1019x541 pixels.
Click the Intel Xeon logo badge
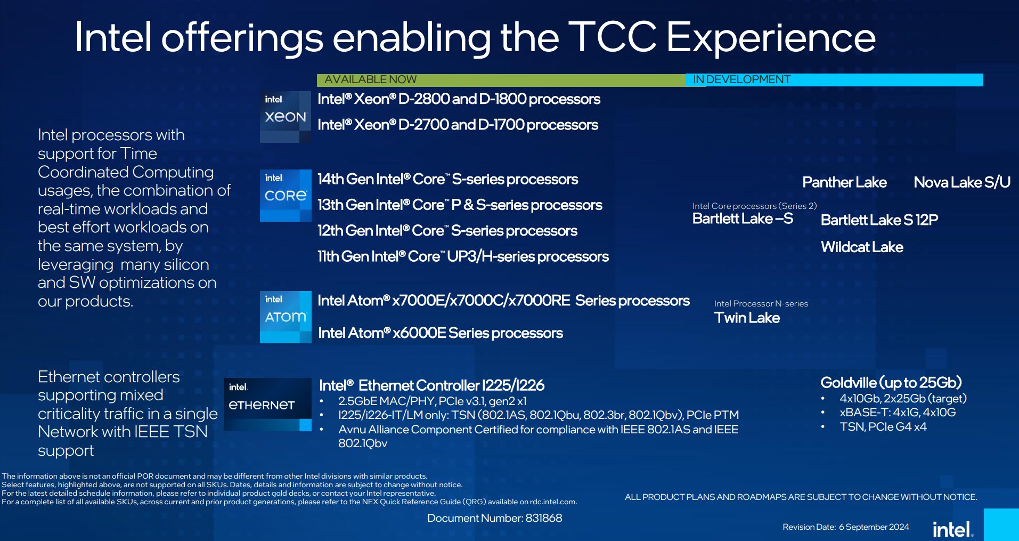286,117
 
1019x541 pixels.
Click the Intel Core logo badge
286,195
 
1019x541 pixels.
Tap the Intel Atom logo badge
286,317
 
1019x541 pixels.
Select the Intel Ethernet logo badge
267,404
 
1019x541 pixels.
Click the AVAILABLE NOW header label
370,80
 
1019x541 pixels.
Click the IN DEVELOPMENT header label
741,80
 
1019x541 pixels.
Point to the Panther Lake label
844,183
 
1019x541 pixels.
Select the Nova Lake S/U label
962,183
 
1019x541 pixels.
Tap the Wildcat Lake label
862,247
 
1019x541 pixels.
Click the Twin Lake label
747,318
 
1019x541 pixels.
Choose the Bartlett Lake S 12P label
879,220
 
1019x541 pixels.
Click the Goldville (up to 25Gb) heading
891,383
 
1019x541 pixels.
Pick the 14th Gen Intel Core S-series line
447,180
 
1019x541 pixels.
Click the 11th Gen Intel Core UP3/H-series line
463,257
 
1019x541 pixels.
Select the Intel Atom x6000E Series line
440,333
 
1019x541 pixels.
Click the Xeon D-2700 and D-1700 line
458,125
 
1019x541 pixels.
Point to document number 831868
494,518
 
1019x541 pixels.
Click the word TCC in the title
612,37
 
